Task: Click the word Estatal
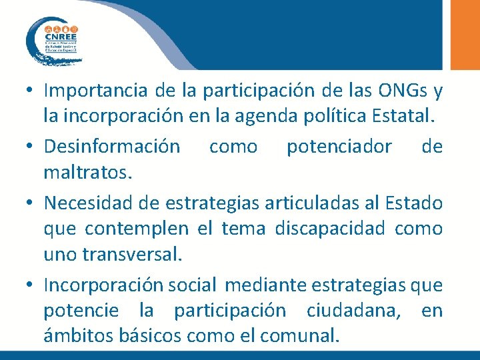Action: click(404, 119)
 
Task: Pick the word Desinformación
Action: click(111, 146)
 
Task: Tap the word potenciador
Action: click(339, 146)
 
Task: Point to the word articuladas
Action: click(317, 201)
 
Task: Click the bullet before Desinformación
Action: click(31, 147)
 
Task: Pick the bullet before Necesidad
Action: click(31, 202)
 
